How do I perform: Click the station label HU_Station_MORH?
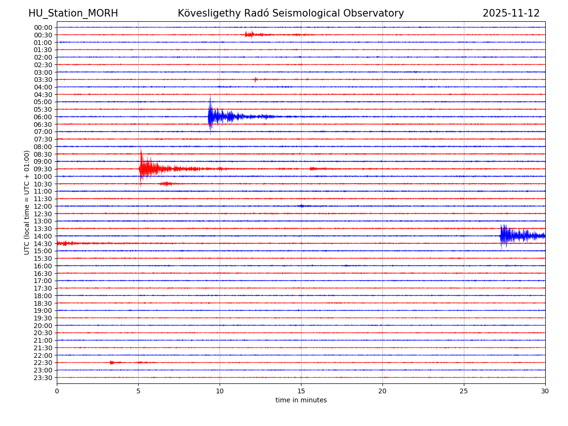pos(73,13)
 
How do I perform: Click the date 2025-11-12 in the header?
pos(511,13)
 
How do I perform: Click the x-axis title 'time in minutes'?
pos(301,400)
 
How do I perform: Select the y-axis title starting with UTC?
pos(27,202)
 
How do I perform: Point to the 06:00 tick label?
pos(43,117)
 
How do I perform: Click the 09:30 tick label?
pos(43,169)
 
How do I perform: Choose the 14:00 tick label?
pos(43,236)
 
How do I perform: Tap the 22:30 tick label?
pos(43,363)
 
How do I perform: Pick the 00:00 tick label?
pos(43,27)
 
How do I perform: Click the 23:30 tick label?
pos(43,378)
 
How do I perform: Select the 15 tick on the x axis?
pos(301,391)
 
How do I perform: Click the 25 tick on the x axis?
pos(464,391)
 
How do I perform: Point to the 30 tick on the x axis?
pos(545,391)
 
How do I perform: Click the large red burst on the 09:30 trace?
pos(144,169)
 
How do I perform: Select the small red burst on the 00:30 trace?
pos(249,35)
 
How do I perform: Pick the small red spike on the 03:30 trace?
pos(256,80)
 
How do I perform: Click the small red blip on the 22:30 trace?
pos(112,363)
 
